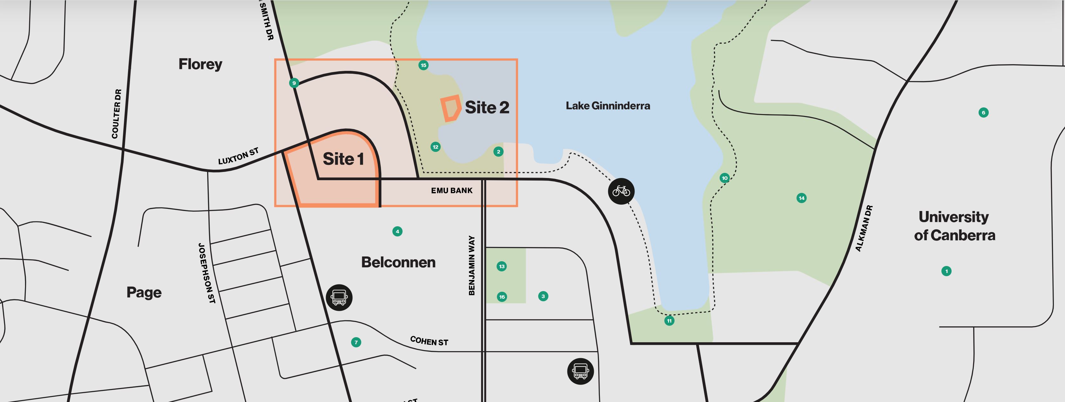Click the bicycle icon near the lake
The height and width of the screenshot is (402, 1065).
[x=621, y=191]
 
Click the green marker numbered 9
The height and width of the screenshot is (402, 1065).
[x=294, y=83]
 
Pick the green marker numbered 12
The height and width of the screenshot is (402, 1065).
[x=435, y=147]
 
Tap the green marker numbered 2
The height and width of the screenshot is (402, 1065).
[x=498, y=152]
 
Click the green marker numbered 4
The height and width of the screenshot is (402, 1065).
[x=397, y=231]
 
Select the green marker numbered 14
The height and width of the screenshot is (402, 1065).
[x=801, y=198]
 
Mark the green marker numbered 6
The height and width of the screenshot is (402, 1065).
[x=984, y=112]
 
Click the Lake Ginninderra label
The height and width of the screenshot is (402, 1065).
[x=607, y=106]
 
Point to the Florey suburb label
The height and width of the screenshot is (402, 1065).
[x=200, y=64]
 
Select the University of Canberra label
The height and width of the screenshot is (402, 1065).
[x=954, y=226]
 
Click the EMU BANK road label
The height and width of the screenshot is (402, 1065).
[x=451, y=191]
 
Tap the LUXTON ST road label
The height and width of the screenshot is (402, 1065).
[x=238, y=156]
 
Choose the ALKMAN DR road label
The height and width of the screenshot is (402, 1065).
[x=864, y=228]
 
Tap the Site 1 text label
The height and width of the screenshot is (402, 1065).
[x=343, y=159]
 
